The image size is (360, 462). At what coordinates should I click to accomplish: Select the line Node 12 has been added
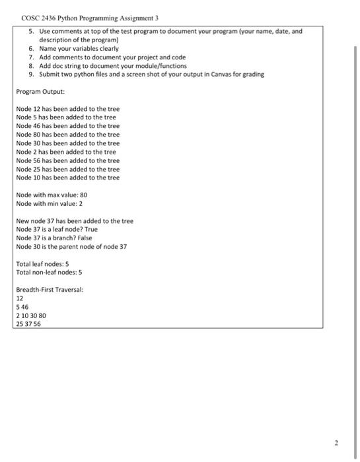(67, 108)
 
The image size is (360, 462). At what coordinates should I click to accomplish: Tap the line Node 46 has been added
(67, 125)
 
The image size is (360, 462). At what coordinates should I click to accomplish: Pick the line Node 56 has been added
(67, 160)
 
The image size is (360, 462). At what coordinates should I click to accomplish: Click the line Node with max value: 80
(52, 195)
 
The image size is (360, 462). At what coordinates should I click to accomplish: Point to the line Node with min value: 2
(50, 204)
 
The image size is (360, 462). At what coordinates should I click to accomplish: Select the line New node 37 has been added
(75, 221)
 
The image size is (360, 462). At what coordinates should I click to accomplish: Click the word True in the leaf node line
(90, 230)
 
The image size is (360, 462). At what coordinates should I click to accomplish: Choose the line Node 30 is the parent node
(71, 247)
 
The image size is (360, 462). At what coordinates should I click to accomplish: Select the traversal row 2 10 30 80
(31, 316)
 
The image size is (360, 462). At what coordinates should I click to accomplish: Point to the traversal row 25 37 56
(28, 324)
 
